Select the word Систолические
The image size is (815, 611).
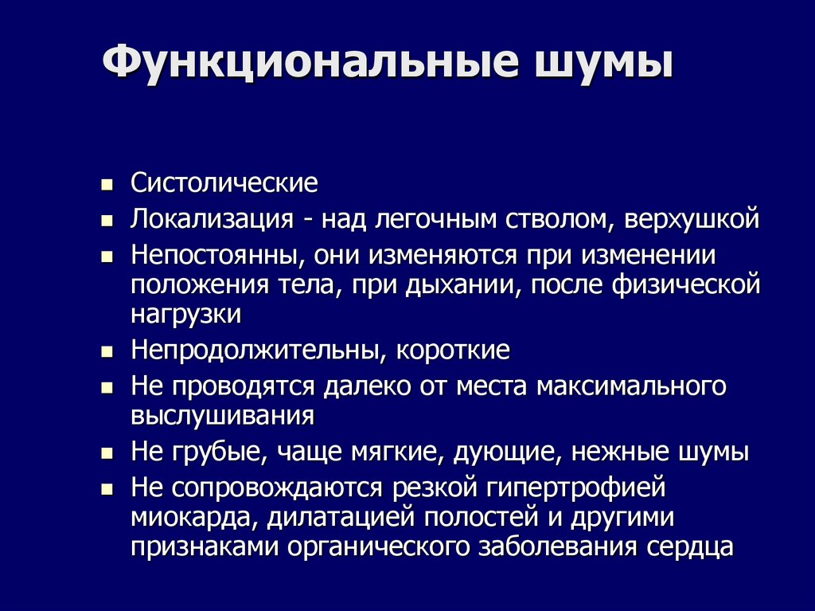tap(224, 183)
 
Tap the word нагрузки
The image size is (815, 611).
tap(186, 313)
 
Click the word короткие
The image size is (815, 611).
tap(453, 350)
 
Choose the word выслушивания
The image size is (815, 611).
tap(223, 415)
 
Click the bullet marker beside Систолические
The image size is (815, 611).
tap(106, 185)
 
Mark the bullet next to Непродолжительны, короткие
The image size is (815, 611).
tap(106, 351)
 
